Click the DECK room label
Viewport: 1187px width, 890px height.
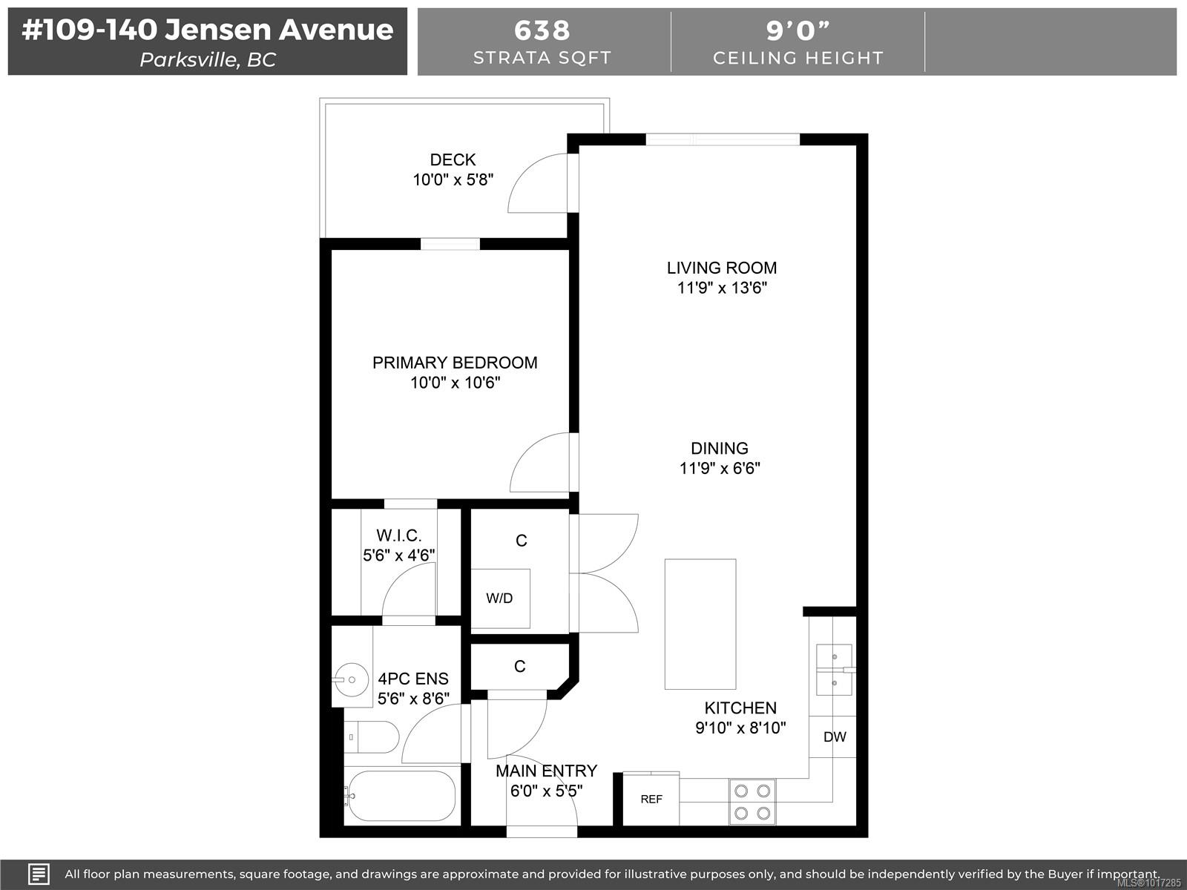point(453,159)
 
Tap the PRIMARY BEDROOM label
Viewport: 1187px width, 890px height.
point(455,362)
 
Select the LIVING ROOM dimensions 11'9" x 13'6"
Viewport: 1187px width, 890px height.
point(722,288)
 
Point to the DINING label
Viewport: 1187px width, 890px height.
point(719,448)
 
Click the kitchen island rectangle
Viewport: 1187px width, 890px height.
point(700,624)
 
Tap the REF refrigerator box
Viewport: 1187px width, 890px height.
point(651,800)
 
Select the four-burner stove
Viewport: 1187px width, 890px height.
point(752,802)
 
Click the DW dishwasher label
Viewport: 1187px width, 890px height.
point(835,736)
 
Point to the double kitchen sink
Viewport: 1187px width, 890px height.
point(834,670)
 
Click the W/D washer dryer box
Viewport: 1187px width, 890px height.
point(500,599)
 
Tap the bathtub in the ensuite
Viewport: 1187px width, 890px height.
point(401,796)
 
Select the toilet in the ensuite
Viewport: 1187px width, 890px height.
point(371,737)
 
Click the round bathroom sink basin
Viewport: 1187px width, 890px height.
point(352,680)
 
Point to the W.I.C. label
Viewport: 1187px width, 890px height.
point(398,535)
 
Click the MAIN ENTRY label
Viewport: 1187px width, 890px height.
point(546,771)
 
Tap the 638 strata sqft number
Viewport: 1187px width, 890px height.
point(542,30)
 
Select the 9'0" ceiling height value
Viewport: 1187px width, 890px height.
point(798,30)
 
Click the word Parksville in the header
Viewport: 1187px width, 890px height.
point(188,59)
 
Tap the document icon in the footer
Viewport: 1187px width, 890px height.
point(39,874)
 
